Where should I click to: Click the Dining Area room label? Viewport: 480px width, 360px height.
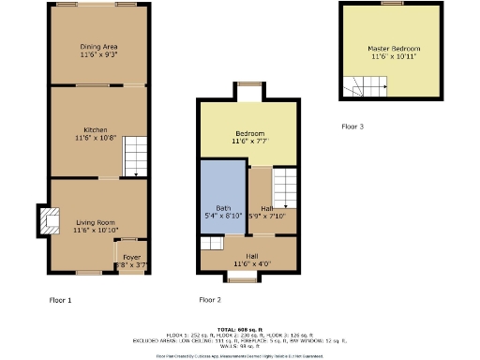click(98, 46)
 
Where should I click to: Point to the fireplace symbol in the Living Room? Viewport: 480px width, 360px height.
click(43, 219)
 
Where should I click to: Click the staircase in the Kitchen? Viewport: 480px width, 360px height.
click(136, 155)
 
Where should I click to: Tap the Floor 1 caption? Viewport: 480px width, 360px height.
click(60, 300)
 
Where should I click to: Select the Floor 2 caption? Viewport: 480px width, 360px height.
click(210, 300)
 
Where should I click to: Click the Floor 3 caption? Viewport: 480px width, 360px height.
click(352, 126)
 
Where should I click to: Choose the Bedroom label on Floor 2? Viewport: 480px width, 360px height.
click(250, 133)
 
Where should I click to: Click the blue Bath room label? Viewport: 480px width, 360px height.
click(222, 207)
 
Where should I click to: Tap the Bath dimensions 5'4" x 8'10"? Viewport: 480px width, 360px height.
click(223, 217)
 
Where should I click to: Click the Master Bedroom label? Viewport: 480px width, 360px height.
click(394, 48)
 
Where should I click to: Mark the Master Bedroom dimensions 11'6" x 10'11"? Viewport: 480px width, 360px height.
click(394, 57)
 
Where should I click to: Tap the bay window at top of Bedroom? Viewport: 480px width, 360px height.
click(248, 90)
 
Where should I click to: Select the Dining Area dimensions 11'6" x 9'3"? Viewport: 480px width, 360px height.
click(98, 54)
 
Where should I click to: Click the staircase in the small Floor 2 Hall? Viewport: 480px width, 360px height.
click(285, 187)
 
